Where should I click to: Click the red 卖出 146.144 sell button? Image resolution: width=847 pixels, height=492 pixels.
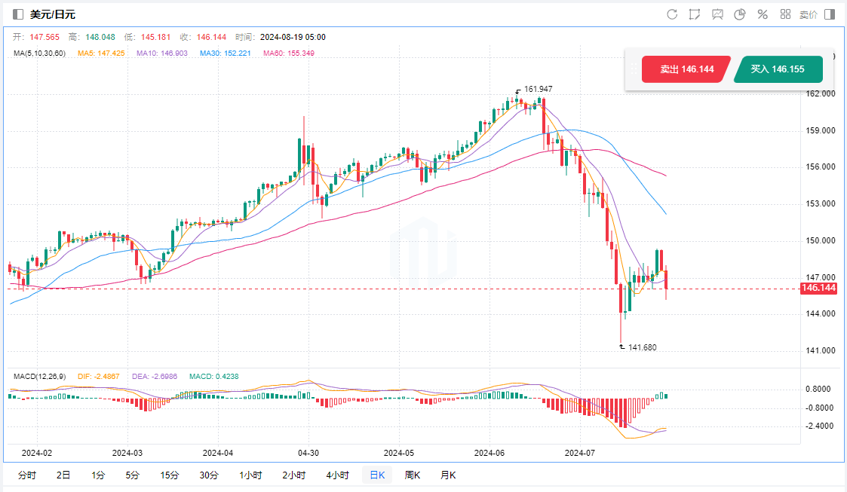[686, 69]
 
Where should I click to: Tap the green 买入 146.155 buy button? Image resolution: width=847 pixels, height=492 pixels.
[777, 69]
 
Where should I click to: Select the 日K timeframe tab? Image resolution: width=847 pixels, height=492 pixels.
[376, 475]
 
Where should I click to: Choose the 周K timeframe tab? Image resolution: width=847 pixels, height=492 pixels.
[412, 475]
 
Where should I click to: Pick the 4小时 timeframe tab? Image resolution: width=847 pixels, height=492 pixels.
[337, 475]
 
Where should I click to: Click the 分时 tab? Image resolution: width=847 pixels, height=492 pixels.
[26, 475]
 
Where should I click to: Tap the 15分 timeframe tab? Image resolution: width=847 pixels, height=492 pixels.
[169, 475]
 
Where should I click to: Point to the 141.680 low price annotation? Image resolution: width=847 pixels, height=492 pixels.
[642, 347]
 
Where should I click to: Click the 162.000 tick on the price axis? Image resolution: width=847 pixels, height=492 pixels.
[820, 94]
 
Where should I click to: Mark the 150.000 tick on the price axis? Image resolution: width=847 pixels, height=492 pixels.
[820, 241]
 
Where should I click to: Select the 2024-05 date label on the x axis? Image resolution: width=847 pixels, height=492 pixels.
[399, 453]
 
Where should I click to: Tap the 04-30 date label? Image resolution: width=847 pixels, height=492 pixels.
[308, 453]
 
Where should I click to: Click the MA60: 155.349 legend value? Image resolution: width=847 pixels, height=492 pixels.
[289, 53]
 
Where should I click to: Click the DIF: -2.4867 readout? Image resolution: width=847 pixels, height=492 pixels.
[99, 376]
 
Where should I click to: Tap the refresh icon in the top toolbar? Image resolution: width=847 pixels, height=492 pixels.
[672, 14]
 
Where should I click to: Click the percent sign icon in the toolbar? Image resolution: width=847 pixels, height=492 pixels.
[763, 14]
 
